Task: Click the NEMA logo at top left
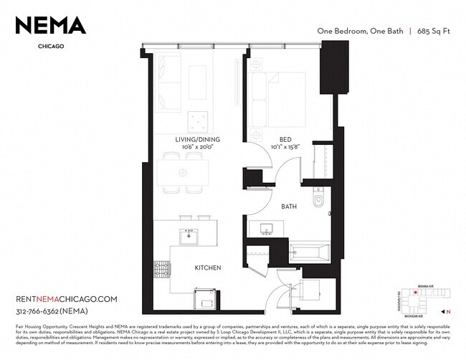pos(50,26)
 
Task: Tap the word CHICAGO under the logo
pos(50,47)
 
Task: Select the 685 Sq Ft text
pos(433,31)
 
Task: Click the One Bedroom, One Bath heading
pos(360,31)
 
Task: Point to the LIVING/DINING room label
pos(197,139)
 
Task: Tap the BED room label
pos(285,139)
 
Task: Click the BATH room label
pos(289,207)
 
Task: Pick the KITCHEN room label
pos(207,267)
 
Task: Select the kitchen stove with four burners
pos(161,269)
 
